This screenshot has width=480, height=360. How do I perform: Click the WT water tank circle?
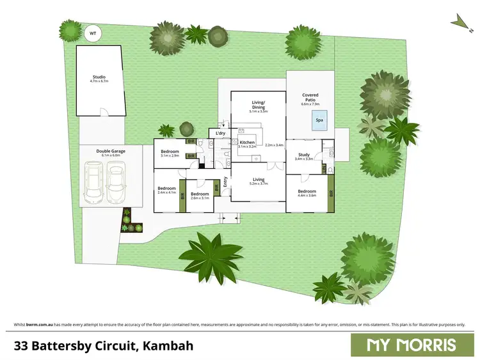coord(93,33)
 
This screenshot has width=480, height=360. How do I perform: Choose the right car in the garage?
coord(116,182)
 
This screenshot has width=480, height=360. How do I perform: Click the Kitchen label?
coord(247,143)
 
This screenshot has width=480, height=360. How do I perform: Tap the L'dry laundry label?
coord(220,133)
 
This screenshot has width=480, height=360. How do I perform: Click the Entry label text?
coord(226,185)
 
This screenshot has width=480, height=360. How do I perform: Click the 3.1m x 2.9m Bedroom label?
coord(170,153)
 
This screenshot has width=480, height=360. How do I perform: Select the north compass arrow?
coord(458,21)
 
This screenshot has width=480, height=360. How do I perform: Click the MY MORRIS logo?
coord(411,345)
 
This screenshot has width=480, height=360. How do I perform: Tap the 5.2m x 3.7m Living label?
coord(258,181)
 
